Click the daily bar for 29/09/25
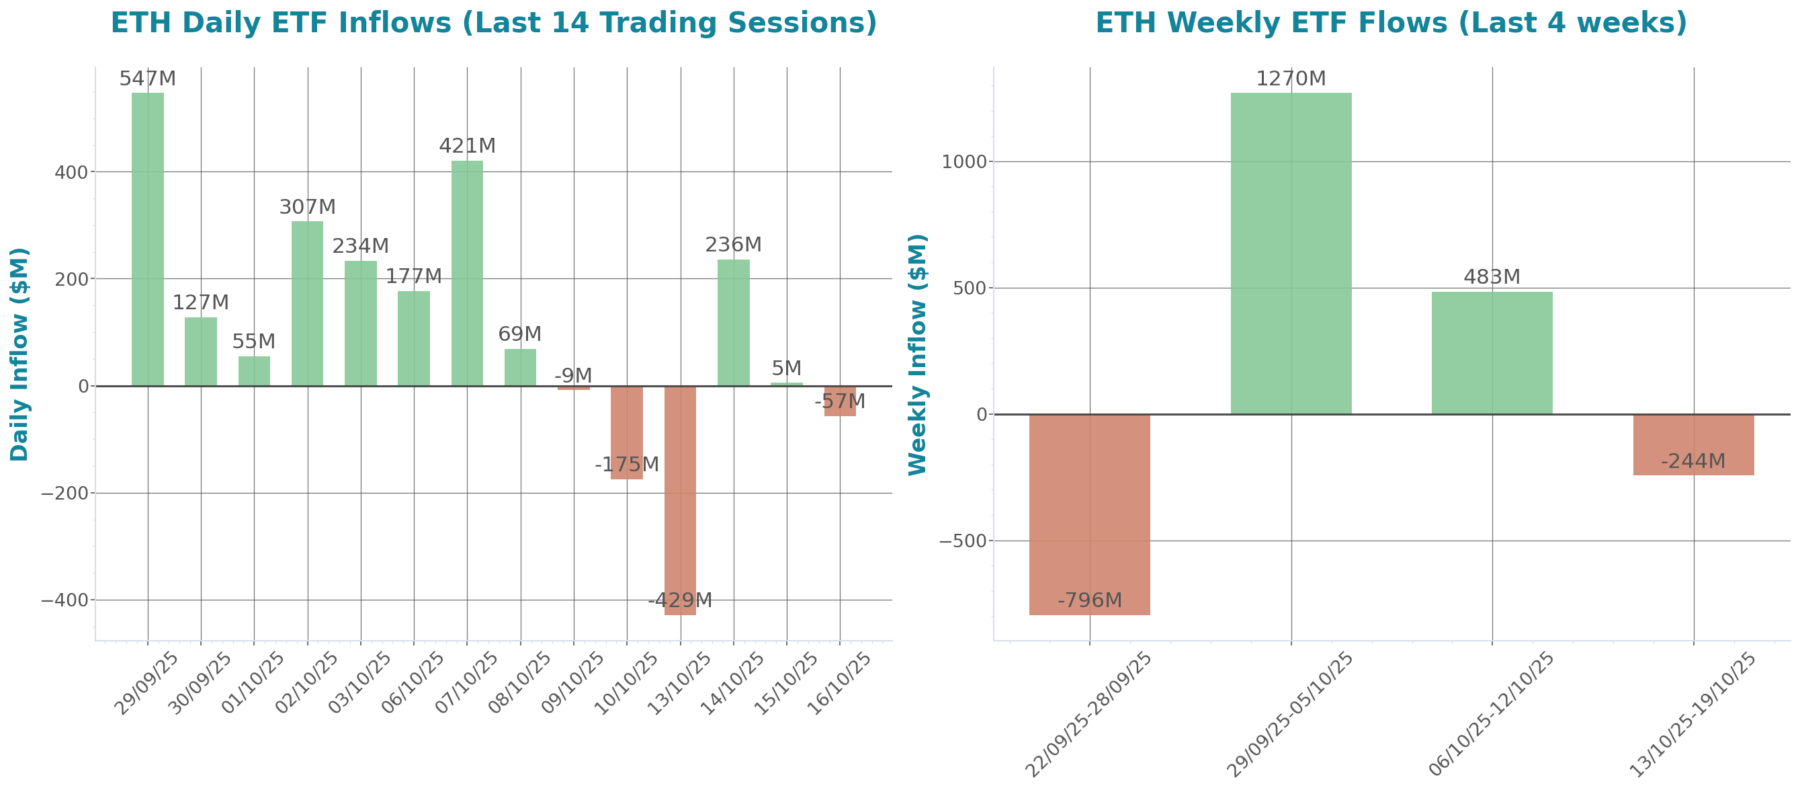pos(147,239)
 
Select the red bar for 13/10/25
pos(680,500)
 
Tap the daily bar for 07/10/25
pos(467,273)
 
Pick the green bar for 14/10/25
pos(733,322)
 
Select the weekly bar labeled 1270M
pos(1291,252)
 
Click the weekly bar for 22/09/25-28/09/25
pos(1089,514)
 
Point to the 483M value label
pos(1492,277)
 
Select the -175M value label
pos(627,464)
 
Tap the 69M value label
pos(520,334)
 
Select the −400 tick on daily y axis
pos(65,600)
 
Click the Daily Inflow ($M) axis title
pos(19,354)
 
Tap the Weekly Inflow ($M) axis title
pos(916,354)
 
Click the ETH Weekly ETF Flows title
pos(1391,23)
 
